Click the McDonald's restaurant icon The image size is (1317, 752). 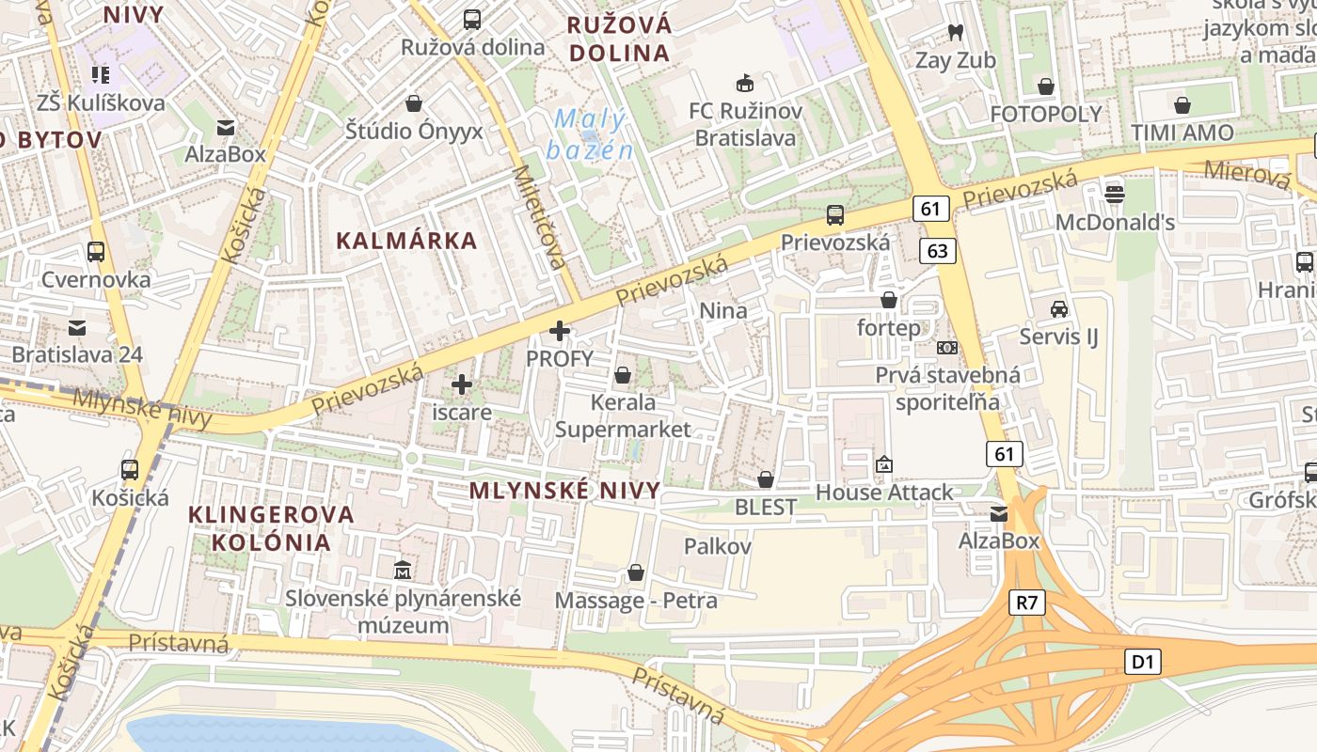click(1115, 194)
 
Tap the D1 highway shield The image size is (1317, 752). click(1142, 662)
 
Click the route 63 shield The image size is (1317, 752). click(937, 251)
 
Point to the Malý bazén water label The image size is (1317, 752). click(589, 134)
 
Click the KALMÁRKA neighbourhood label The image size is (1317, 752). click(407, 241)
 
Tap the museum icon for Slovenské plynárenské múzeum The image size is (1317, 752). click(404, 570)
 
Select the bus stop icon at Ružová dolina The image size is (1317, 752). click(472, 19)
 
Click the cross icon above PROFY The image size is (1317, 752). click(560, 331)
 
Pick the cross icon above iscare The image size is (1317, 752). click(462, 384)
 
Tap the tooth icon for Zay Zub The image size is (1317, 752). click(955, 33)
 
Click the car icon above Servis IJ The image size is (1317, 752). click(1059, 308)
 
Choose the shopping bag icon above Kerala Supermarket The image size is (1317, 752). click(622, 376)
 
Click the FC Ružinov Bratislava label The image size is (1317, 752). click(745, 125)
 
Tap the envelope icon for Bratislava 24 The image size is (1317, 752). click(77, 328)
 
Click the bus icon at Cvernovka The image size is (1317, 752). click(95, 252)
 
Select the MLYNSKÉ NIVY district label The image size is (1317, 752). click(564, 491)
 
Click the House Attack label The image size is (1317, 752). click(883, 493)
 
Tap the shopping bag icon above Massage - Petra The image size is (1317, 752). click(636, 572)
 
